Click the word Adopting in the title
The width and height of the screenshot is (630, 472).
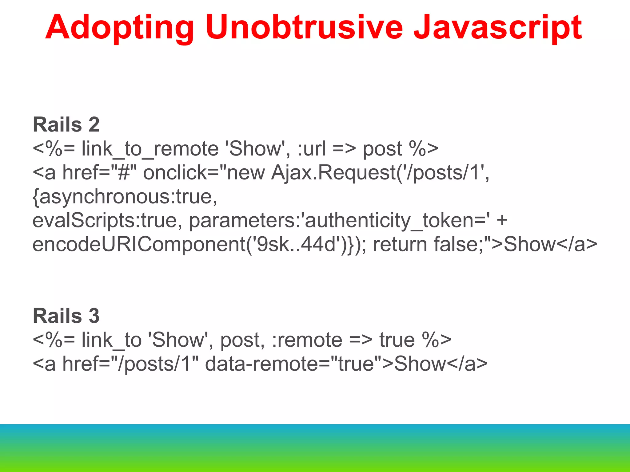point(120,28)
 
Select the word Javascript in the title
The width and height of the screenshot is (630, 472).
point(497,28)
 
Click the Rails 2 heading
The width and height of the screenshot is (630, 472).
point(66,124)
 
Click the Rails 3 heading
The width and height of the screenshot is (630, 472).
point(66,316)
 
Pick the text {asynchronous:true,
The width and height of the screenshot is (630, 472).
point(125,197)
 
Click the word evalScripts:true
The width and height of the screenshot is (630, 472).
point(105,221)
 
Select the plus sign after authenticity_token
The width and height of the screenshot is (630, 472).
point(502,221)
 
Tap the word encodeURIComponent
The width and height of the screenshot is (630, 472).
point(138,245)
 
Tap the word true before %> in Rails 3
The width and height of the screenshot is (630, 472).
point(397,340)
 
